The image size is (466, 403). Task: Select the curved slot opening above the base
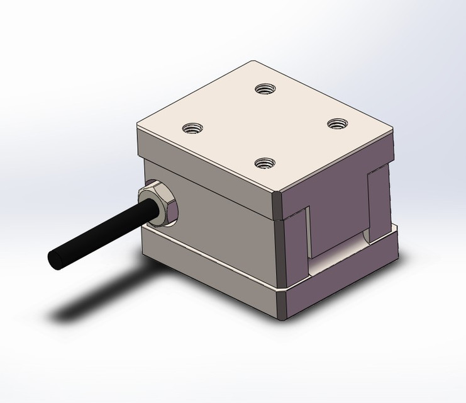pyautogui.click(x=340, y=252)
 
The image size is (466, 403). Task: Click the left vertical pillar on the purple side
pyautogui.click(x=296, y=242)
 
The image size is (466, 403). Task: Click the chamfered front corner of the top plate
pyautogui.click(x=278, y=195)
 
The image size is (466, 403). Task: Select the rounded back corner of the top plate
pyautogui.click(x=254, y=63)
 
